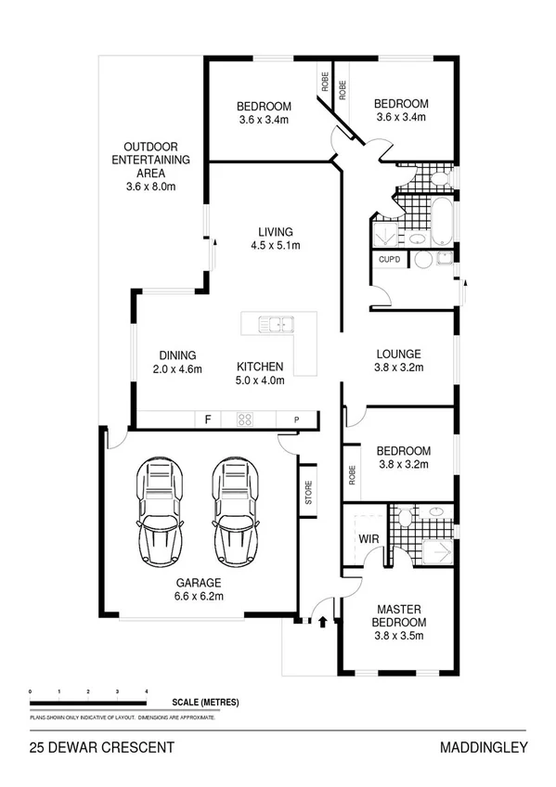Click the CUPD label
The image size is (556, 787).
point(389,259)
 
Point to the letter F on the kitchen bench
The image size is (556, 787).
point(208,419)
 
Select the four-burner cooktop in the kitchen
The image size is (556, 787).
point(246,419)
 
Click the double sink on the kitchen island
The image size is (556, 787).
point(277,325)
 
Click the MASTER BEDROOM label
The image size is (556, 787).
point(398,614)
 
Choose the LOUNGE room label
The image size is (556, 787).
point(398,354)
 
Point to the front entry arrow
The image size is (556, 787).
point(322,622)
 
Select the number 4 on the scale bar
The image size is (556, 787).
point(146,692)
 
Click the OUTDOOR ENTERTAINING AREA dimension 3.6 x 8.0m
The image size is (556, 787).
point(150,187)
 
